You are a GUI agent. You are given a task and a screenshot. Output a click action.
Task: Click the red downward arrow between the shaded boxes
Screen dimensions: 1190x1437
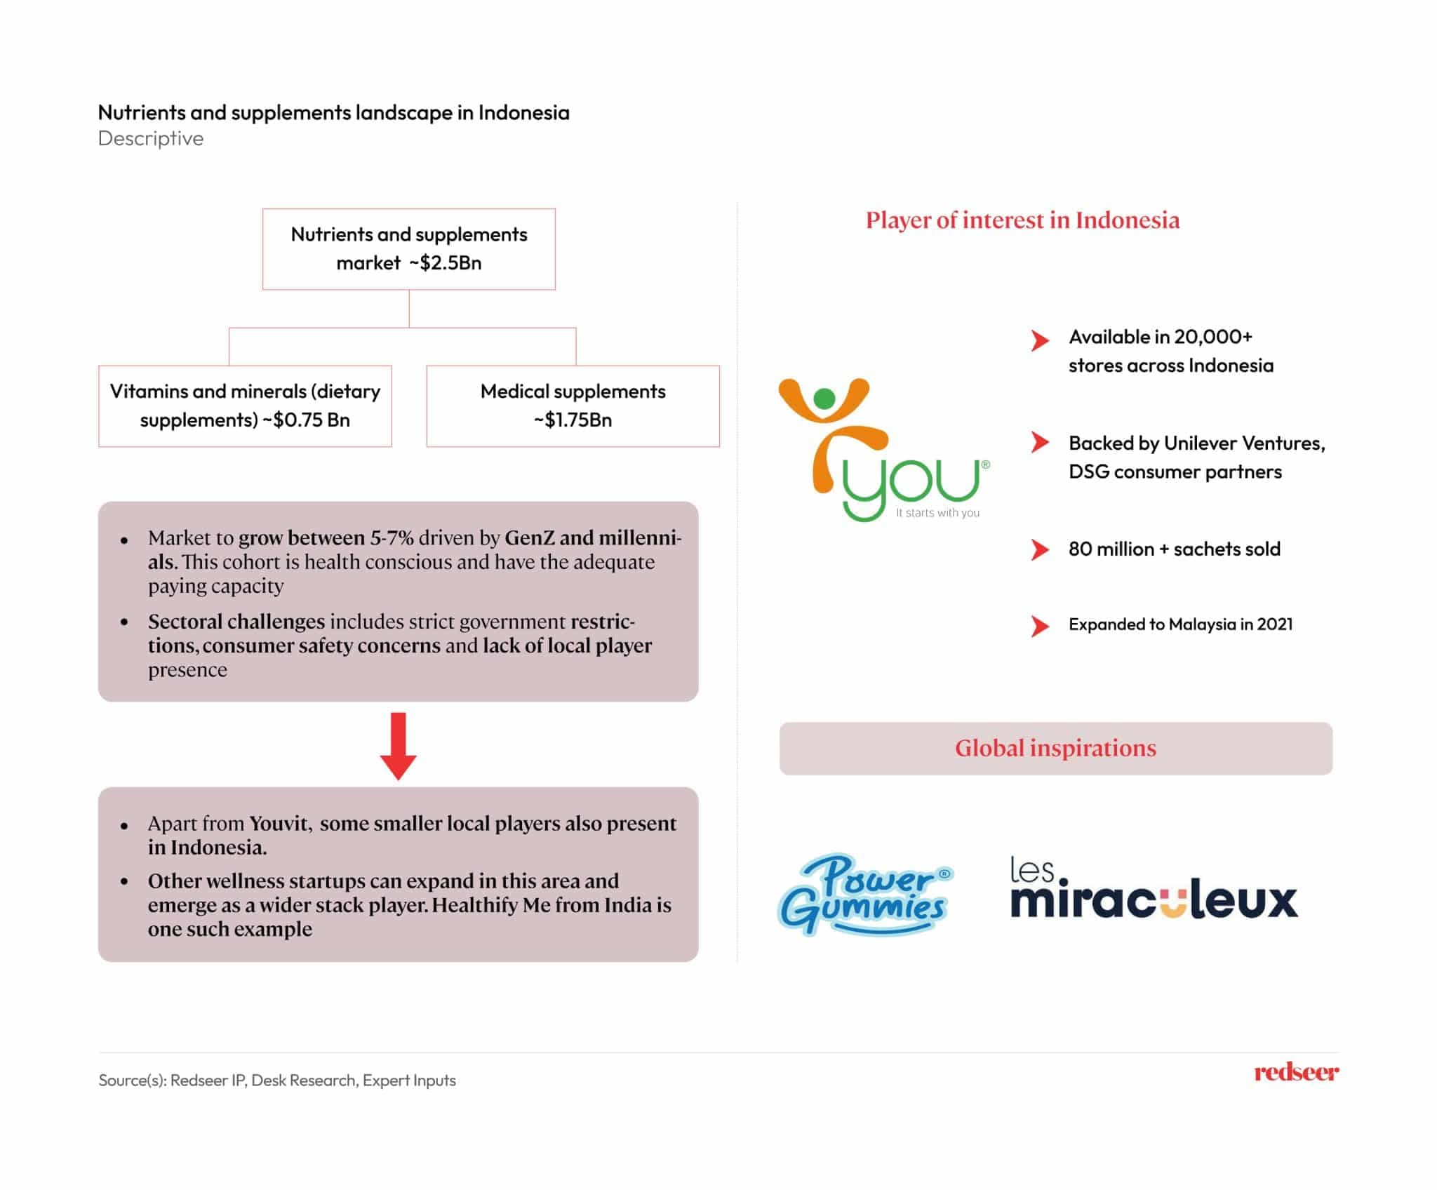click(x=398, y=746)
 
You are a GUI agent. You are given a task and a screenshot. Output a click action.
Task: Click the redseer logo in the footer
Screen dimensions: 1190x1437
click(x=1296, y=1072)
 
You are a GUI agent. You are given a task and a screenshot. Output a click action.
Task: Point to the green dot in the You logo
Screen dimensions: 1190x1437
click(x=824, y=399)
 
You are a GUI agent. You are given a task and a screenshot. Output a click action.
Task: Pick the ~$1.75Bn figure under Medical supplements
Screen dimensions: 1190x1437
click(x=573, y=420)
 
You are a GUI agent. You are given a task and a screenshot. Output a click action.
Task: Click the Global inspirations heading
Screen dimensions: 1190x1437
click(x=1055, y=748)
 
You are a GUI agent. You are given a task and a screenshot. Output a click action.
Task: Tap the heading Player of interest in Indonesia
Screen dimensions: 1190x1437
click(x=1022, y=220)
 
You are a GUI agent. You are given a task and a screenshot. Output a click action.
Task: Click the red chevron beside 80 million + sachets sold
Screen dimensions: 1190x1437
click(x=1039, y=549)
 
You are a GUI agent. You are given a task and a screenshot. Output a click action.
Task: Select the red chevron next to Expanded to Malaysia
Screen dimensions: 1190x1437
click(x=1039, y=625)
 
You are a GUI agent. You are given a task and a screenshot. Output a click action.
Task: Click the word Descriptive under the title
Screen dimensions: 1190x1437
click(x=151, y=138)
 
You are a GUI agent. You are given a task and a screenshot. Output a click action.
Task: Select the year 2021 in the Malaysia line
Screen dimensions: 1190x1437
click(x=1274, y=624)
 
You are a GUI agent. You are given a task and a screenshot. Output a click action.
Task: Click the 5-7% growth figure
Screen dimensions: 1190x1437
click(x=392, y=538)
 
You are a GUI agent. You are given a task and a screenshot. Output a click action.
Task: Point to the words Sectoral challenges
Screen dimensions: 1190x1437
click(x=236, y=622)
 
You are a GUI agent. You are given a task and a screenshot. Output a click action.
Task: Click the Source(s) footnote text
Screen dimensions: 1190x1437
click(x=277, y=1080)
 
